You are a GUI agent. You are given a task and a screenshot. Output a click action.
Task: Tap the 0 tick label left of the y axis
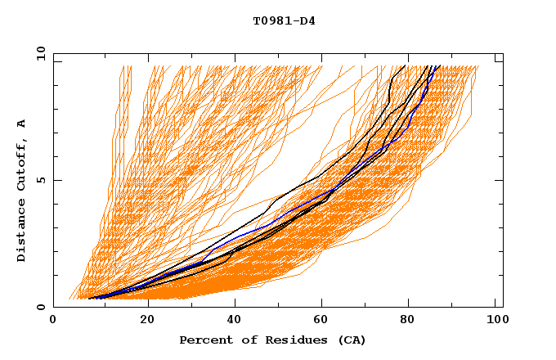tap(42, 307)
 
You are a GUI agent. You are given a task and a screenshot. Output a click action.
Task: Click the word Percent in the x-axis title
tap(204, 340)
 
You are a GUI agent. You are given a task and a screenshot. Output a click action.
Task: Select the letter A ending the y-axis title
tap(22, 123)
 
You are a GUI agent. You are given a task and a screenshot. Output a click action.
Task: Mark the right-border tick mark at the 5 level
tap(500, 180)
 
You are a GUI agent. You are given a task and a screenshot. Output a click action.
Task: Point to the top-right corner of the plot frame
tap(503, 53)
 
